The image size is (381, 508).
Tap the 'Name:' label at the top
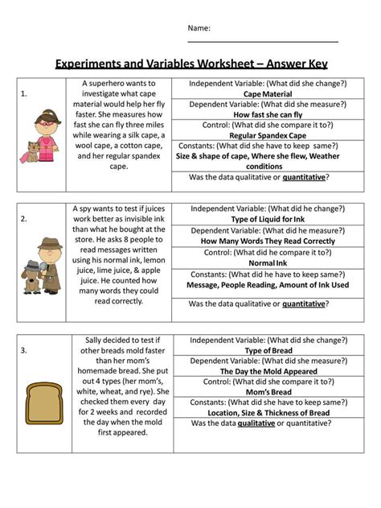199,28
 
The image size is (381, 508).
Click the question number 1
24,93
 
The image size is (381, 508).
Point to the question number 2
24,217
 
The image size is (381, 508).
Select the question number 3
24,349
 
